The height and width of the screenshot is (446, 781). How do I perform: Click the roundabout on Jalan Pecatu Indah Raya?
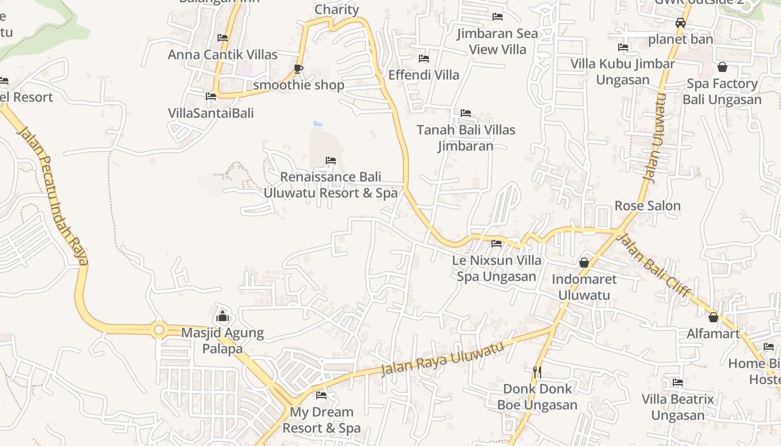click(159, 330)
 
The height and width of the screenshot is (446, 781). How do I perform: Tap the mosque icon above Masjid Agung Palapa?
click(223, 316)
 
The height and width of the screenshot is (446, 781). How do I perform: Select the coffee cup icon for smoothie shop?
click(298, 69)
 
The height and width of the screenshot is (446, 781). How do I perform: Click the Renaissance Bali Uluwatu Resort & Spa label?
click(330, 185)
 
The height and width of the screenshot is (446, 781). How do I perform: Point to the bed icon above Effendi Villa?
click(424, 59)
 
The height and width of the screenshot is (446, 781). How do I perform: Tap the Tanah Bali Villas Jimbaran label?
click(466, 138)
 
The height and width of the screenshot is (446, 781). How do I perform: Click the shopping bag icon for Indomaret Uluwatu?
click(584, 262)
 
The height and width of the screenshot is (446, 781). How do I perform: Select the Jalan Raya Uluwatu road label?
click(442, 358)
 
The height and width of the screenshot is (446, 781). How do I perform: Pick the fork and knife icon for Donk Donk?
click(537, 371)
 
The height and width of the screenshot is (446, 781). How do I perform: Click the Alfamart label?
click(713, 334)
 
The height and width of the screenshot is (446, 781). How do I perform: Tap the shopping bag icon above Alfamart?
click(713, 317)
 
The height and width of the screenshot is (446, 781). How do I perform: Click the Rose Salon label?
click(647, 206)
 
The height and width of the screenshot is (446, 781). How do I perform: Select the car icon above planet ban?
click(680, 23)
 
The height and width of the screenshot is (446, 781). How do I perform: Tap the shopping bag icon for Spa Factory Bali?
click(722, 67)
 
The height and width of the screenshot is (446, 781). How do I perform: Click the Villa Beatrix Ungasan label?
click(678, 407)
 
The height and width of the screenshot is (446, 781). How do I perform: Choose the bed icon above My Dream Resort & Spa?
click(321, 395)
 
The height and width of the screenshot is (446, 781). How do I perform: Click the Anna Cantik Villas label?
click(223, 55)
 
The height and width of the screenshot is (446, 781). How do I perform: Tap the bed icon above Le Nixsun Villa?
click(496, 244)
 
